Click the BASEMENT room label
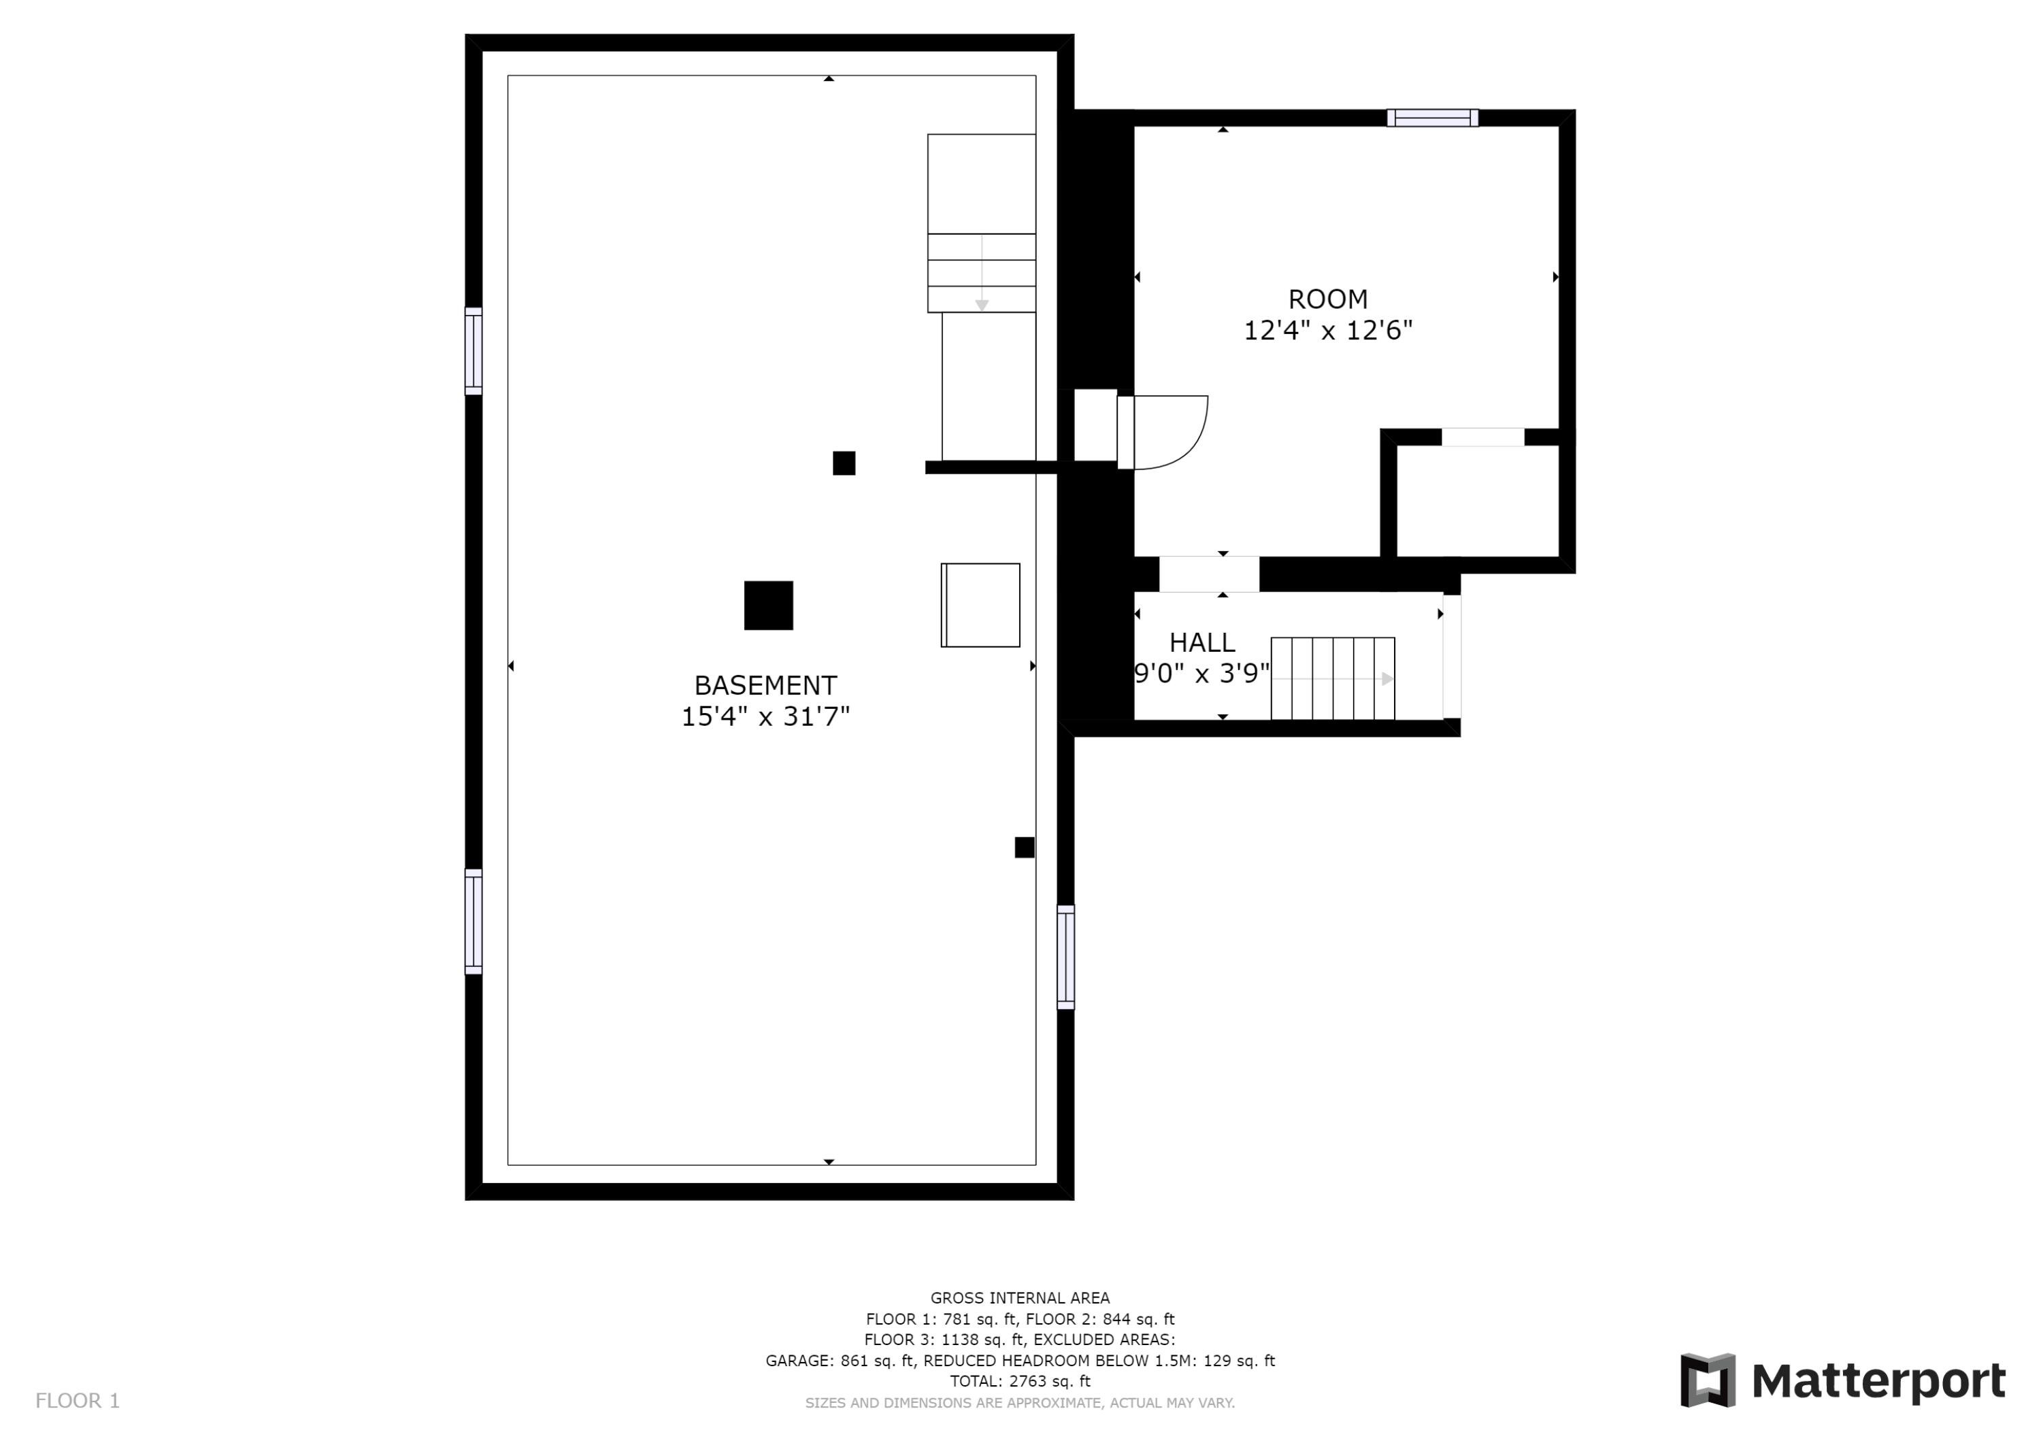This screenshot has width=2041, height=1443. pos(765,686)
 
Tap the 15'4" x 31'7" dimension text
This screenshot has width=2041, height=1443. pos(765,716)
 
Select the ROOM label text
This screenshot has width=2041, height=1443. pos(1328,299)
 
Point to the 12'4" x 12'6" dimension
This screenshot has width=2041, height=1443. pos(1328,331)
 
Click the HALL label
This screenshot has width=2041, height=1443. pos(1202,642)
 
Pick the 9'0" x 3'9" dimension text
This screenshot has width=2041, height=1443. pos(1202,674)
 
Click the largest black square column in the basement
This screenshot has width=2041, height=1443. pos(768,606)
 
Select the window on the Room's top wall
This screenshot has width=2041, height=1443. pos(1432,118)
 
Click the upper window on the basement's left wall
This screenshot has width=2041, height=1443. pos(474,351)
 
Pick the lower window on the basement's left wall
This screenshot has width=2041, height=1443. pos(474,921)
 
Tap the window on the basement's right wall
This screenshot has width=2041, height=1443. pos(1065,957)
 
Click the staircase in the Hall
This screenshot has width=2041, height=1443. pos(1333,678)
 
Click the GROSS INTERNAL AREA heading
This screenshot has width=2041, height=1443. pos(1020,1298)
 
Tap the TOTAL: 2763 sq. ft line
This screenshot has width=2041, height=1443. pos(1020,1381)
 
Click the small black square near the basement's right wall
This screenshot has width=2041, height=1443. pos(1024,847)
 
